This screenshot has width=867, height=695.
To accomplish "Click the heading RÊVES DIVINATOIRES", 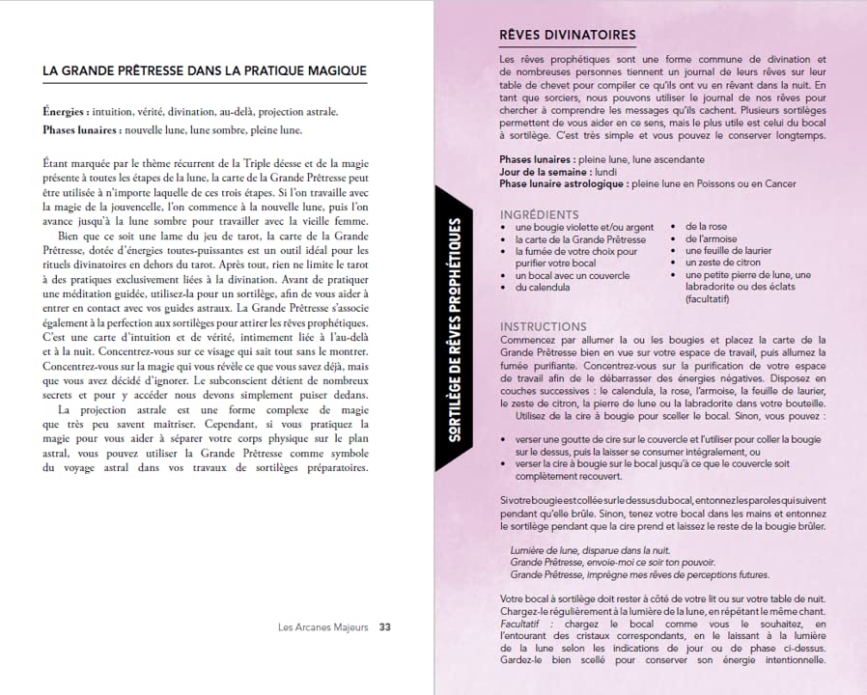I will [567, 36].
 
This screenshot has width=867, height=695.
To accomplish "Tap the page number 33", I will [384, 626].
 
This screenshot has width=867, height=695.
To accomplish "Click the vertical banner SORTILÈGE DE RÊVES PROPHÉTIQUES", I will [455, 329].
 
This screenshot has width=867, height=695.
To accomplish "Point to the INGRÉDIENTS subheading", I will [540, 214].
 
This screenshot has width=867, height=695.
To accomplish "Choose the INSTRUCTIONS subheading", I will [543, 327].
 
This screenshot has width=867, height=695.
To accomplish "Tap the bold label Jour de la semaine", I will [544, 172].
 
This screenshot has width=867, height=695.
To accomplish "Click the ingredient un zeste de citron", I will [721, 263].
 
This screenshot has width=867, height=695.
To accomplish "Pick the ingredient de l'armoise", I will [711, 239].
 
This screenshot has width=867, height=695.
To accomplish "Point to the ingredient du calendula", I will [542, 287].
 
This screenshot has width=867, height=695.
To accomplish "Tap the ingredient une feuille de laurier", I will [728, 251].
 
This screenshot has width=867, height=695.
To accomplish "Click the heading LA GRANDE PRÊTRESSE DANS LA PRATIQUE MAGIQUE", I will [205, 70].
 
